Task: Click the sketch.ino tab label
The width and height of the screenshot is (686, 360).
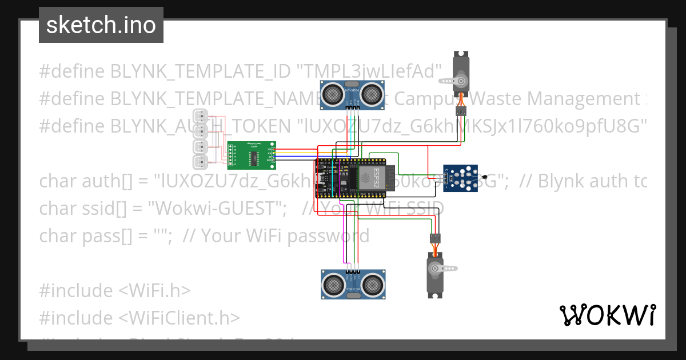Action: click(x=101, y=25)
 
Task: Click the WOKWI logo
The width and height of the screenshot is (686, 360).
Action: click(x=607, y=315)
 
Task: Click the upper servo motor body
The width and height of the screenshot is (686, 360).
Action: click(x=461, y=74)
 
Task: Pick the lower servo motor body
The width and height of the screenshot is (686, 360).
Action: click(x=436, y=273)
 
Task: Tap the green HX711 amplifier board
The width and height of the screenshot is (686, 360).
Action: click(x=252, y=155)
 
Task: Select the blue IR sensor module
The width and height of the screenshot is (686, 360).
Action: click(x=462, y=177)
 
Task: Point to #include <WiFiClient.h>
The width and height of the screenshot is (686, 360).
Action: click(x=139, y=318)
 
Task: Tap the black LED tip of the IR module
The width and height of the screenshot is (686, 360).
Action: click(x=485, y=178)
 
